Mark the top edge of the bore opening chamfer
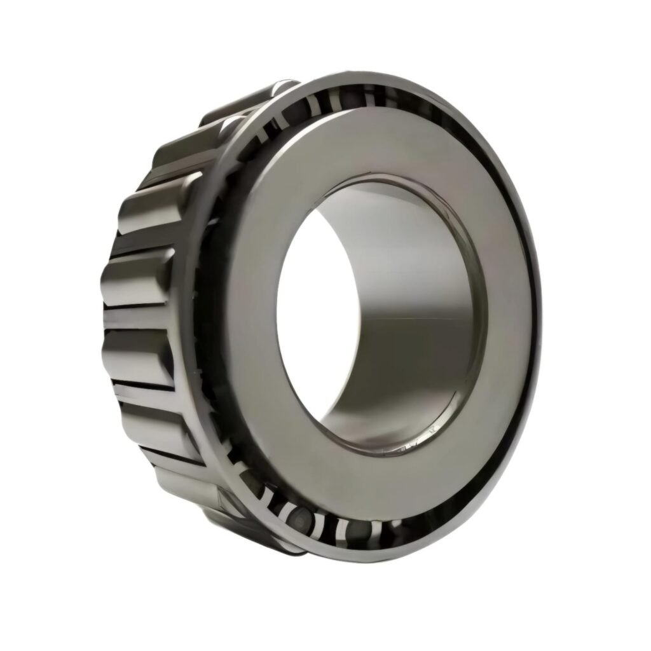381,175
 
